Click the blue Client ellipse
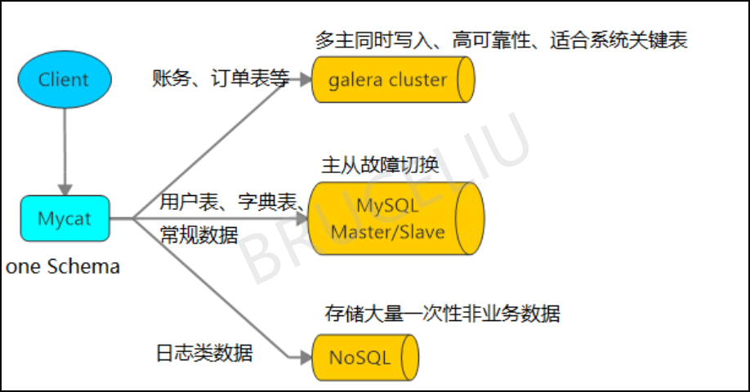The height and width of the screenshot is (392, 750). click(64, 79)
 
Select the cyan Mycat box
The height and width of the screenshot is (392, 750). click(64, 219)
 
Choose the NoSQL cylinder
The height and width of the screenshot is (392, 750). click(364, 357)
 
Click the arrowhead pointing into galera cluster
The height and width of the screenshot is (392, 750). click(304, 80)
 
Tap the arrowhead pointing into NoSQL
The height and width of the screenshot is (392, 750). click(304, 357)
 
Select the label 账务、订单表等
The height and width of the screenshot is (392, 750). click(221, 78)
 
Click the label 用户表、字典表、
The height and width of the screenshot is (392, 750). click(233, 200)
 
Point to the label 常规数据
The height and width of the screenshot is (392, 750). click(199, 235)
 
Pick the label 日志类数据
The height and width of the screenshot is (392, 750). click(204, 353)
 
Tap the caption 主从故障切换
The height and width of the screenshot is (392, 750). click(380, 166)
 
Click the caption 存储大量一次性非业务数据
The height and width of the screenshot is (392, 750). click(442, 314)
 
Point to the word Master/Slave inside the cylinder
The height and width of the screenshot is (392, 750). click(387, 232)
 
